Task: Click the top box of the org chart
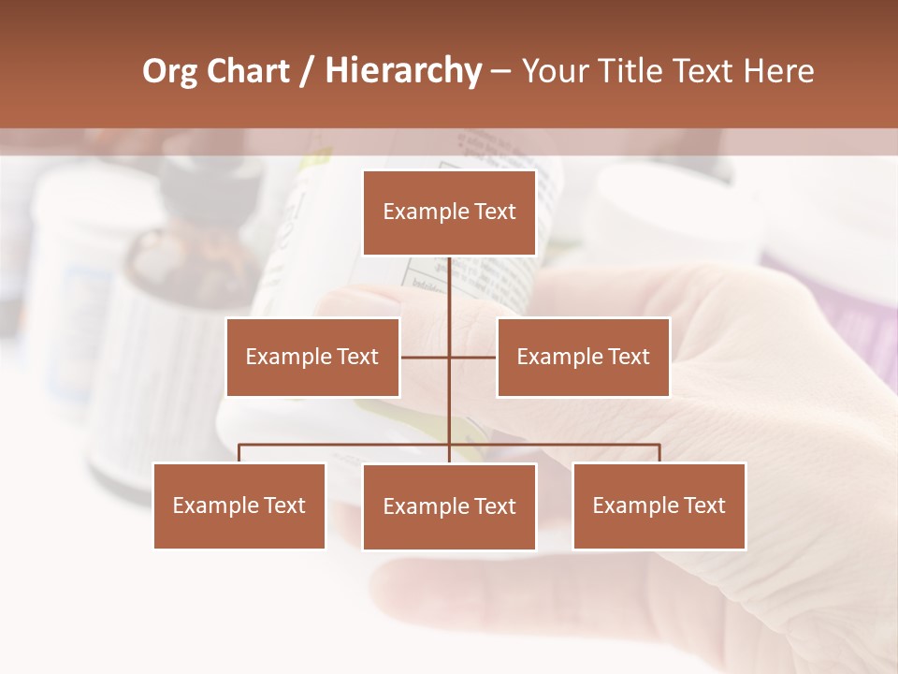pos(449,212)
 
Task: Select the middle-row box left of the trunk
pos(312,357)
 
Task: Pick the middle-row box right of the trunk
pos(583,357)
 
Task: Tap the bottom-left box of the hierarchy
pos(239,505)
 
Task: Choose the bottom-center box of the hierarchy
pos(449,506)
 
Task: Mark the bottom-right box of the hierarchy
pos(659,505)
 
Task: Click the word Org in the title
pos(169,71)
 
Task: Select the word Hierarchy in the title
pos(403,71)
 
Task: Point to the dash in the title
pos(500,72)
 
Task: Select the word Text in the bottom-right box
pos(703,505)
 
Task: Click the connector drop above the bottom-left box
pos(239,453)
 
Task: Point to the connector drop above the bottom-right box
pos(659,453)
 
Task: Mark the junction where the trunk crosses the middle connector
pos(449,357)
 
